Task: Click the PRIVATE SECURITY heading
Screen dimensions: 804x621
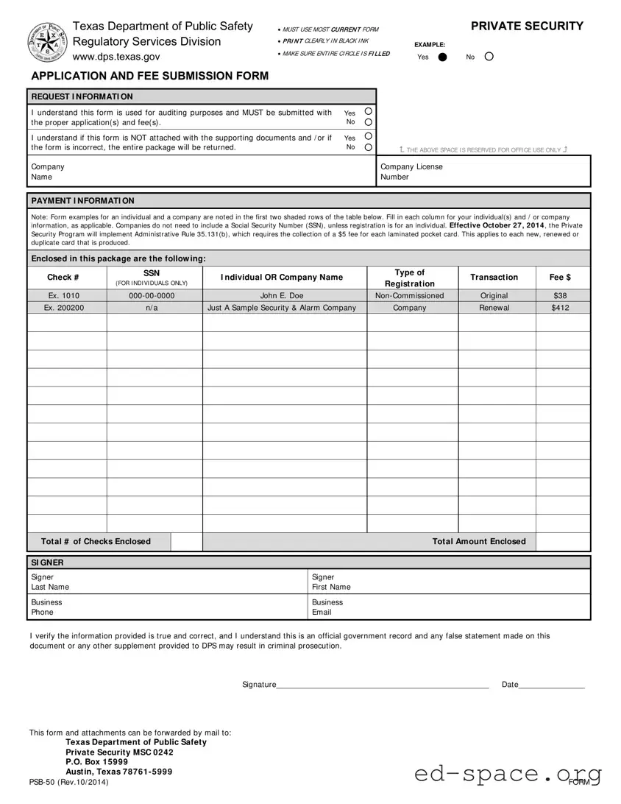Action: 527,27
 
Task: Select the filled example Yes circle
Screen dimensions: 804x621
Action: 442,57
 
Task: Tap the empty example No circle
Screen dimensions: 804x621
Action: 490,57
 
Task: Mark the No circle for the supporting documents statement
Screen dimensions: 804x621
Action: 368,147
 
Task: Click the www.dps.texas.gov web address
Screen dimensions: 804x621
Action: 116,57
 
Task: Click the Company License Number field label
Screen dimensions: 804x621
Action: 411,172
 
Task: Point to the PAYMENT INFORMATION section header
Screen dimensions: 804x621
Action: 82,201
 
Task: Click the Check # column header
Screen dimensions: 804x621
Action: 63,278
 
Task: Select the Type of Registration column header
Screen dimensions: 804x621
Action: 410,278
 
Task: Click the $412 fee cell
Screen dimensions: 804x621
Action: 560,308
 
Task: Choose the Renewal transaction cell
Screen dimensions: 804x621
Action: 494,308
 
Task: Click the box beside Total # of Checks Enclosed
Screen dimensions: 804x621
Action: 187,542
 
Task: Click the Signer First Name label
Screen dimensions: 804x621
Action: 331,582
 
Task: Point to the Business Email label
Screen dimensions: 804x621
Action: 327,607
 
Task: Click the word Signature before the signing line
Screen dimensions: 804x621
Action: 259,685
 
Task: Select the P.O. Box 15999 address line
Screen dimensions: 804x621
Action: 96,762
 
